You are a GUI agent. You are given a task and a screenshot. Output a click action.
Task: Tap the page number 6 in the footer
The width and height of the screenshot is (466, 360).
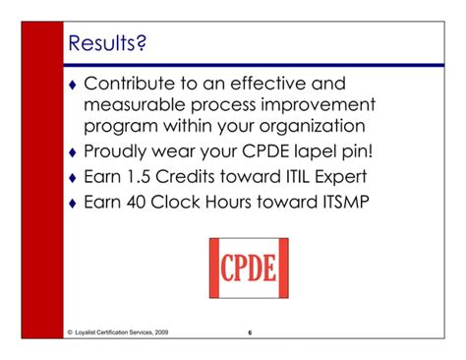251,333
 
